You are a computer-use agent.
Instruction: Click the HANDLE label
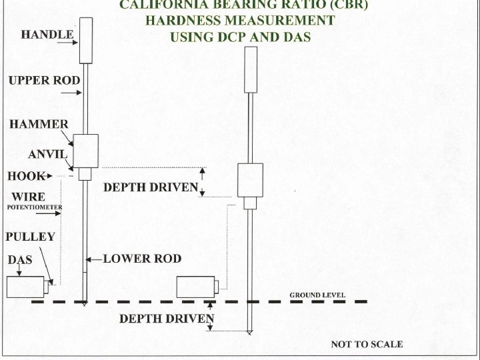(x=47, y=34)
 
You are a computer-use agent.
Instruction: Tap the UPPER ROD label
(x=44, y=81)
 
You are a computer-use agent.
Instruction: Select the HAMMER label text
(x=39, y=124)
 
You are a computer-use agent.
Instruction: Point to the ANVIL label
(x=48, y=155)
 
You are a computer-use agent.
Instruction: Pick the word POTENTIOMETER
(x=34, y=208)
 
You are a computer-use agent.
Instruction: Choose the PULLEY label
(x=30, y=237)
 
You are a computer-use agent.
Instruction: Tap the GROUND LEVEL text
(x=317, y=295)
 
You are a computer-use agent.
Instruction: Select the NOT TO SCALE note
(x=367, y=345)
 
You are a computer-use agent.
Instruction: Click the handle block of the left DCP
(x=85, y=40)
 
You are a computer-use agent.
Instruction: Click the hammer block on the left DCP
(x=85, y=151)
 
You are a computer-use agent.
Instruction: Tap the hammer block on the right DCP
(x=250, y=180)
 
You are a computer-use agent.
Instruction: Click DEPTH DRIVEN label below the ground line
(x=167, y=319)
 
